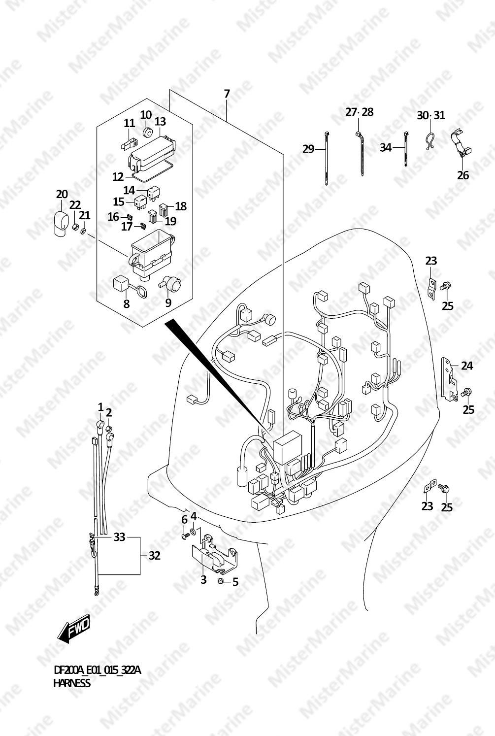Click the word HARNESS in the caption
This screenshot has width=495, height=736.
(72, 683)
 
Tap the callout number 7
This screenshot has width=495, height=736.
(227, 94)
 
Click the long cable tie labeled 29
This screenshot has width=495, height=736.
(326, 158)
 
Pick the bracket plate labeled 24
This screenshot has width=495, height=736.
(449, 379)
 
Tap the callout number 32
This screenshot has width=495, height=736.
(154, 556)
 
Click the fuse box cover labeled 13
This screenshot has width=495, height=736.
(151, 154)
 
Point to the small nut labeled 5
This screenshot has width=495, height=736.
(221, 581)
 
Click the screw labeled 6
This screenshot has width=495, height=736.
(185, 536)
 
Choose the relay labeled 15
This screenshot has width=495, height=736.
(139, 202)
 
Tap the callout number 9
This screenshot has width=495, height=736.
(168, 302)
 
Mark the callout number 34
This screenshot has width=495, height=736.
(386, 148)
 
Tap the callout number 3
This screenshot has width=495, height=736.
(203, 579)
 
